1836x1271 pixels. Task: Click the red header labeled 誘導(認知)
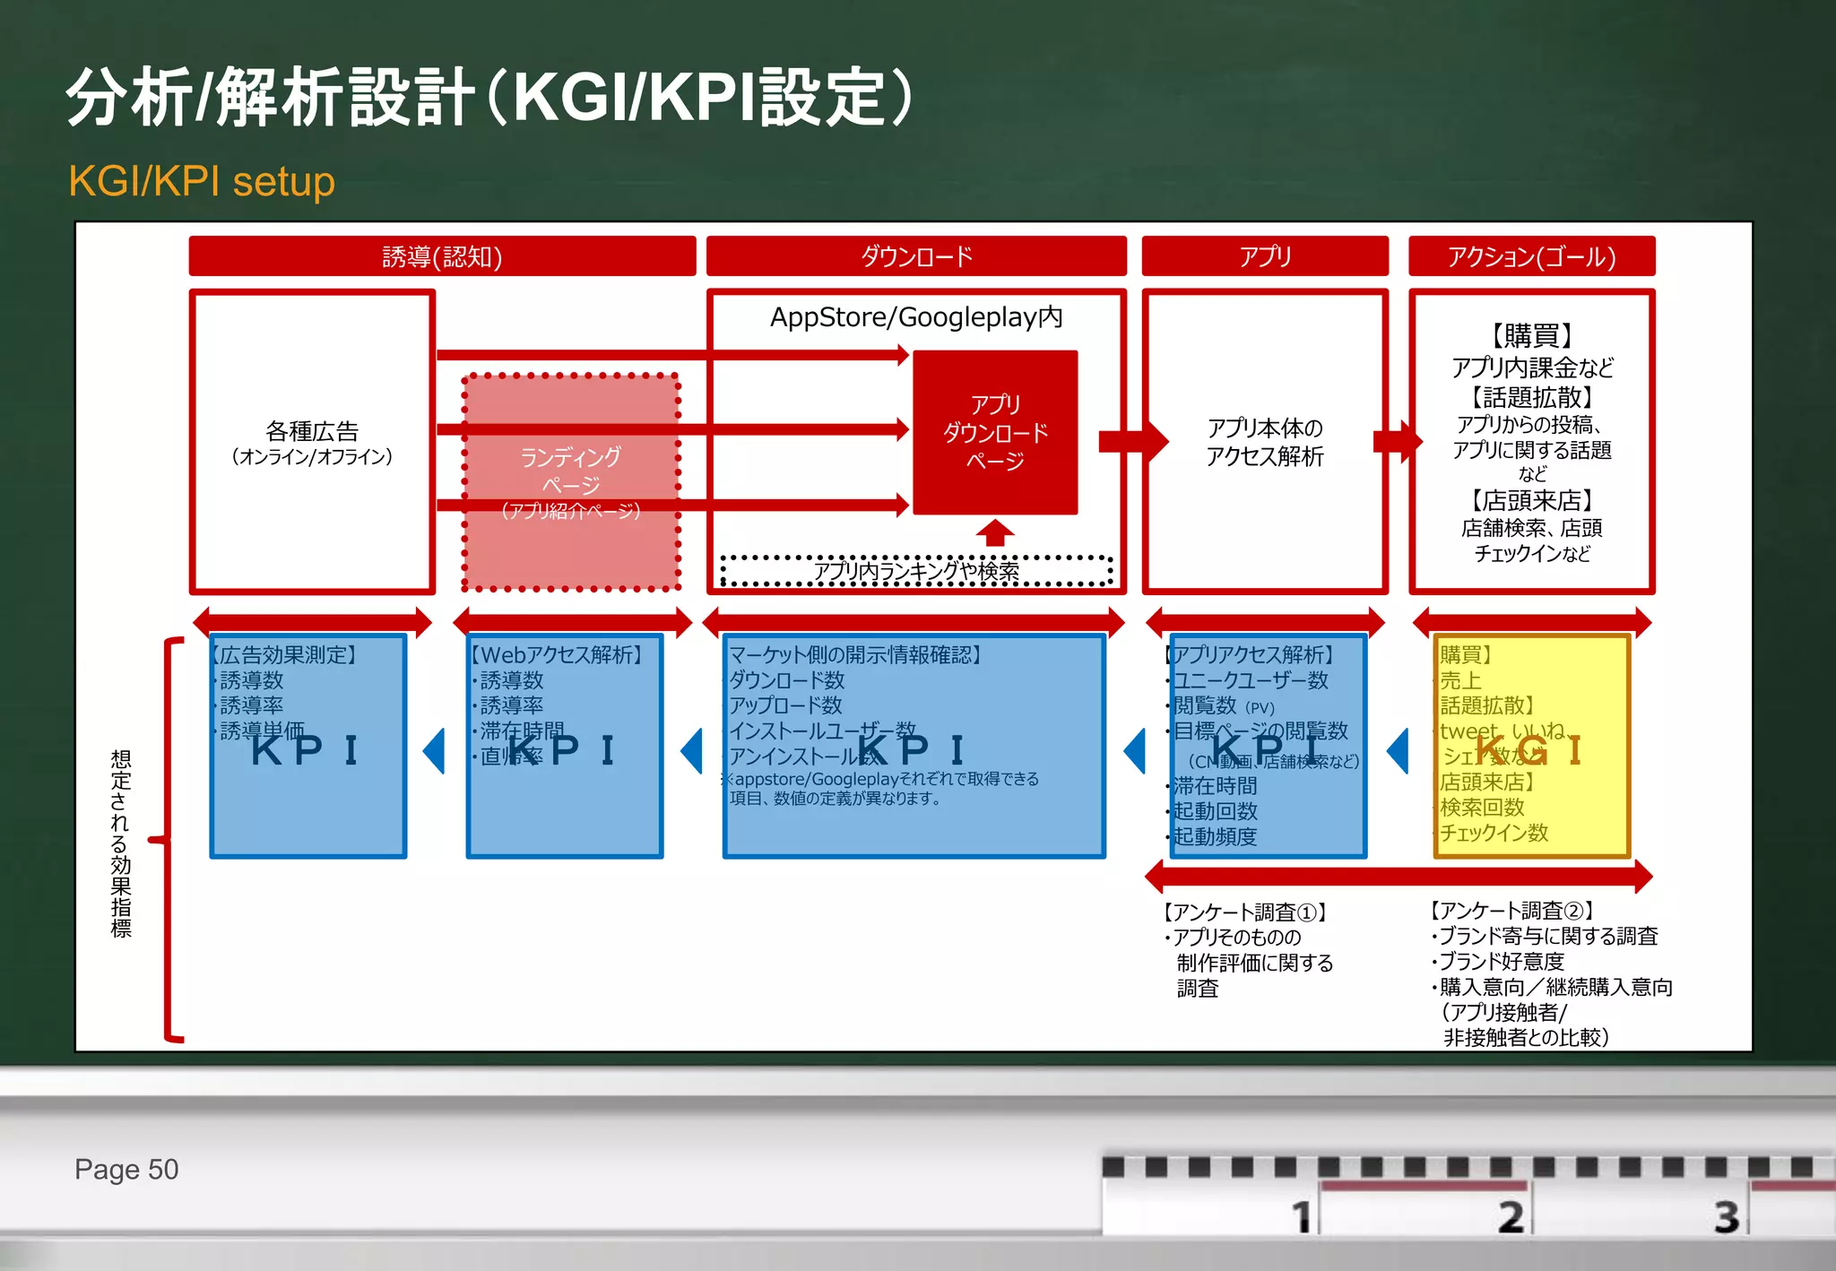(442, 257)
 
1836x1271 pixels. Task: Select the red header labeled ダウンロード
(916, 257)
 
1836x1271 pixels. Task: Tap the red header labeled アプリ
(1264, 257)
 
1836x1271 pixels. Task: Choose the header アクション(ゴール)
(1531, 257)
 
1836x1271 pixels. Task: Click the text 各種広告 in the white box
(312, 431)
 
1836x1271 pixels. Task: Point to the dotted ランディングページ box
(571, 482)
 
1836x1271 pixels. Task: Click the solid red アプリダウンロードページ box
(995, 432)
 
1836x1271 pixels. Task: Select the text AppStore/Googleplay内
(916, 317)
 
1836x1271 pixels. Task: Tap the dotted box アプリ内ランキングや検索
(916, 571)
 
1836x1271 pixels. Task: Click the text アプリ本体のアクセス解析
(1264, 442)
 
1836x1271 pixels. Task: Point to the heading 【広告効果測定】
(285, 655)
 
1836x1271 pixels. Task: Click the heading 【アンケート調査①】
(1244, 912)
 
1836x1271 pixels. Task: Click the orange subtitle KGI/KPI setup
(202, 182)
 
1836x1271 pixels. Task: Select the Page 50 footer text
(126, 1170)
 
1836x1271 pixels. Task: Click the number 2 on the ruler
(1511, 1217)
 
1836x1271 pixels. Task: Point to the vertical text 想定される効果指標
(121, 843)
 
